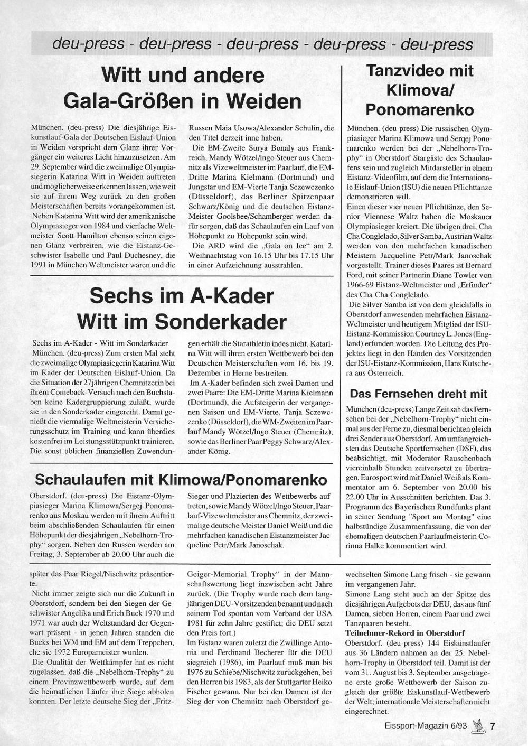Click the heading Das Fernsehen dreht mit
coord(418,394)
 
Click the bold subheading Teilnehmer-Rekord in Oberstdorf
coord(405,633)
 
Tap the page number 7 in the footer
coord(492,726)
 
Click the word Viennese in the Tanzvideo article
coord(388,217)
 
